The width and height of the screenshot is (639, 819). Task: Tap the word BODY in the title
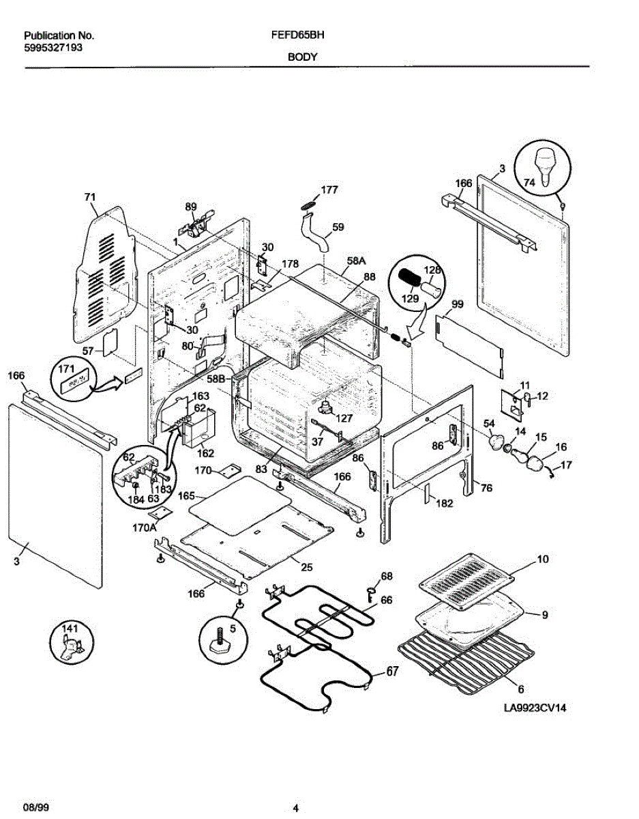301,57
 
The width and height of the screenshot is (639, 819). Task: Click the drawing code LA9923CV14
535,708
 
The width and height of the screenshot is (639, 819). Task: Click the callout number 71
89,197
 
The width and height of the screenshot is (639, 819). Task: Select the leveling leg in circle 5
222,642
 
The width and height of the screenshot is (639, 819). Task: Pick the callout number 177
329,190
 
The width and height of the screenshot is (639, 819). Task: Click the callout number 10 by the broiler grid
542,559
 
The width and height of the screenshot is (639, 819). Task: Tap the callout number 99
457,304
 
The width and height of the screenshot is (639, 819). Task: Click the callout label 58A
357,260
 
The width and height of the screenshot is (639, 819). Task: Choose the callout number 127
344,419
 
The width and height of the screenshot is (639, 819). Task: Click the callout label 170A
144,527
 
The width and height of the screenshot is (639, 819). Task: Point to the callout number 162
205,453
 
